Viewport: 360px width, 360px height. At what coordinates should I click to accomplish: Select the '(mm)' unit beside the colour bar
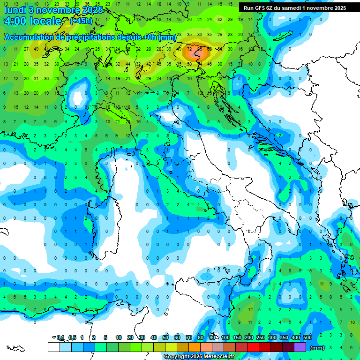317,348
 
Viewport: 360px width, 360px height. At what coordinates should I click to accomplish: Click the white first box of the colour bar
53,347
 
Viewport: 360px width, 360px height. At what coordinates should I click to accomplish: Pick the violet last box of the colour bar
300,347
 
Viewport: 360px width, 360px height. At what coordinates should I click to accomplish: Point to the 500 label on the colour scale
307,338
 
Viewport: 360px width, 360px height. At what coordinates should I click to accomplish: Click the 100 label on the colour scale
225,338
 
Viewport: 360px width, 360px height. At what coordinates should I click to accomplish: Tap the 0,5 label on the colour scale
72,338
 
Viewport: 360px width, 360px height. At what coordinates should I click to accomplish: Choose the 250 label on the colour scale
260,338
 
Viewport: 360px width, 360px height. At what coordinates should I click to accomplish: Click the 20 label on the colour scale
130,338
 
